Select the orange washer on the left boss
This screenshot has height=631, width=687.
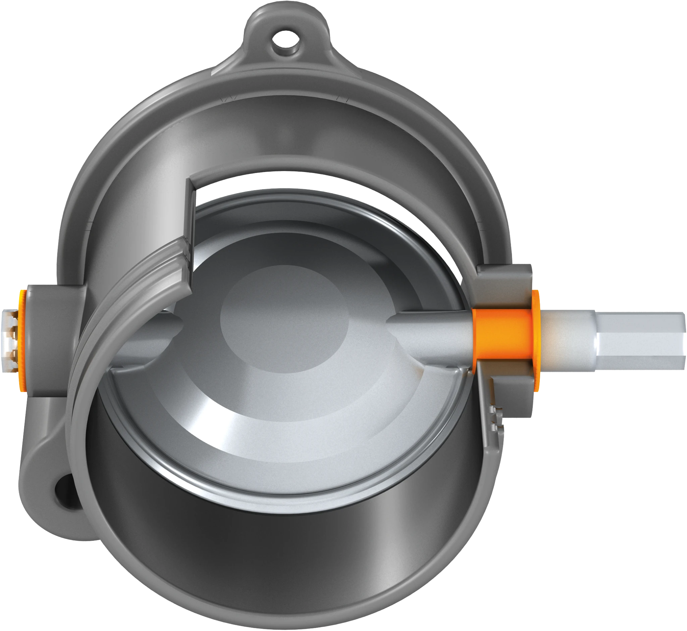pos(23,340)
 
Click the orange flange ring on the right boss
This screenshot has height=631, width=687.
pos(536,340)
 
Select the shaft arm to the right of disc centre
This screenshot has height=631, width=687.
pos(430,328)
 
